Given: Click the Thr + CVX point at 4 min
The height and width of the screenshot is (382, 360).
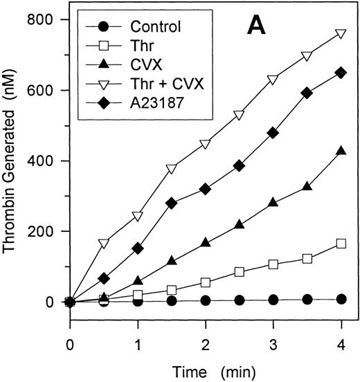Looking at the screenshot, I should (341, 33).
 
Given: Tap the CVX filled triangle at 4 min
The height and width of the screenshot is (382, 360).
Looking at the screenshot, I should (341, 150).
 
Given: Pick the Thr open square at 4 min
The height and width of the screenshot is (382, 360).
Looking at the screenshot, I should (341, 243).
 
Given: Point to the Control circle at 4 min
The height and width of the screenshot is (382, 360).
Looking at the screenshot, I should (341, 299).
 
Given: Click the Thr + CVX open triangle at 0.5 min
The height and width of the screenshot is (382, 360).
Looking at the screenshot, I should (104, 243).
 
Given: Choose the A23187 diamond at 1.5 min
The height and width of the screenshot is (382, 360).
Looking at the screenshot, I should (171, 203).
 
